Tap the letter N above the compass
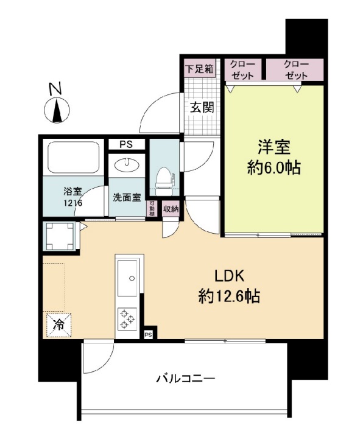(56, 88)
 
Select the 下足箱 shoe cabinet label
(199, 68)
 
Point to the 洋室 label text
(274, 147)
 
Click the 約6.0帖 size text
(274, 168)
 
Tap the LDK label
(228, 275)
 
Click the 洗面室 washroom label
(126, 197)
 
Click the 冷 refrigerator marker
(58, 324)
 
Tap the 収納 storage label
(171, 209)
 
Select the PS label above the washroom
(127, 144)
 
